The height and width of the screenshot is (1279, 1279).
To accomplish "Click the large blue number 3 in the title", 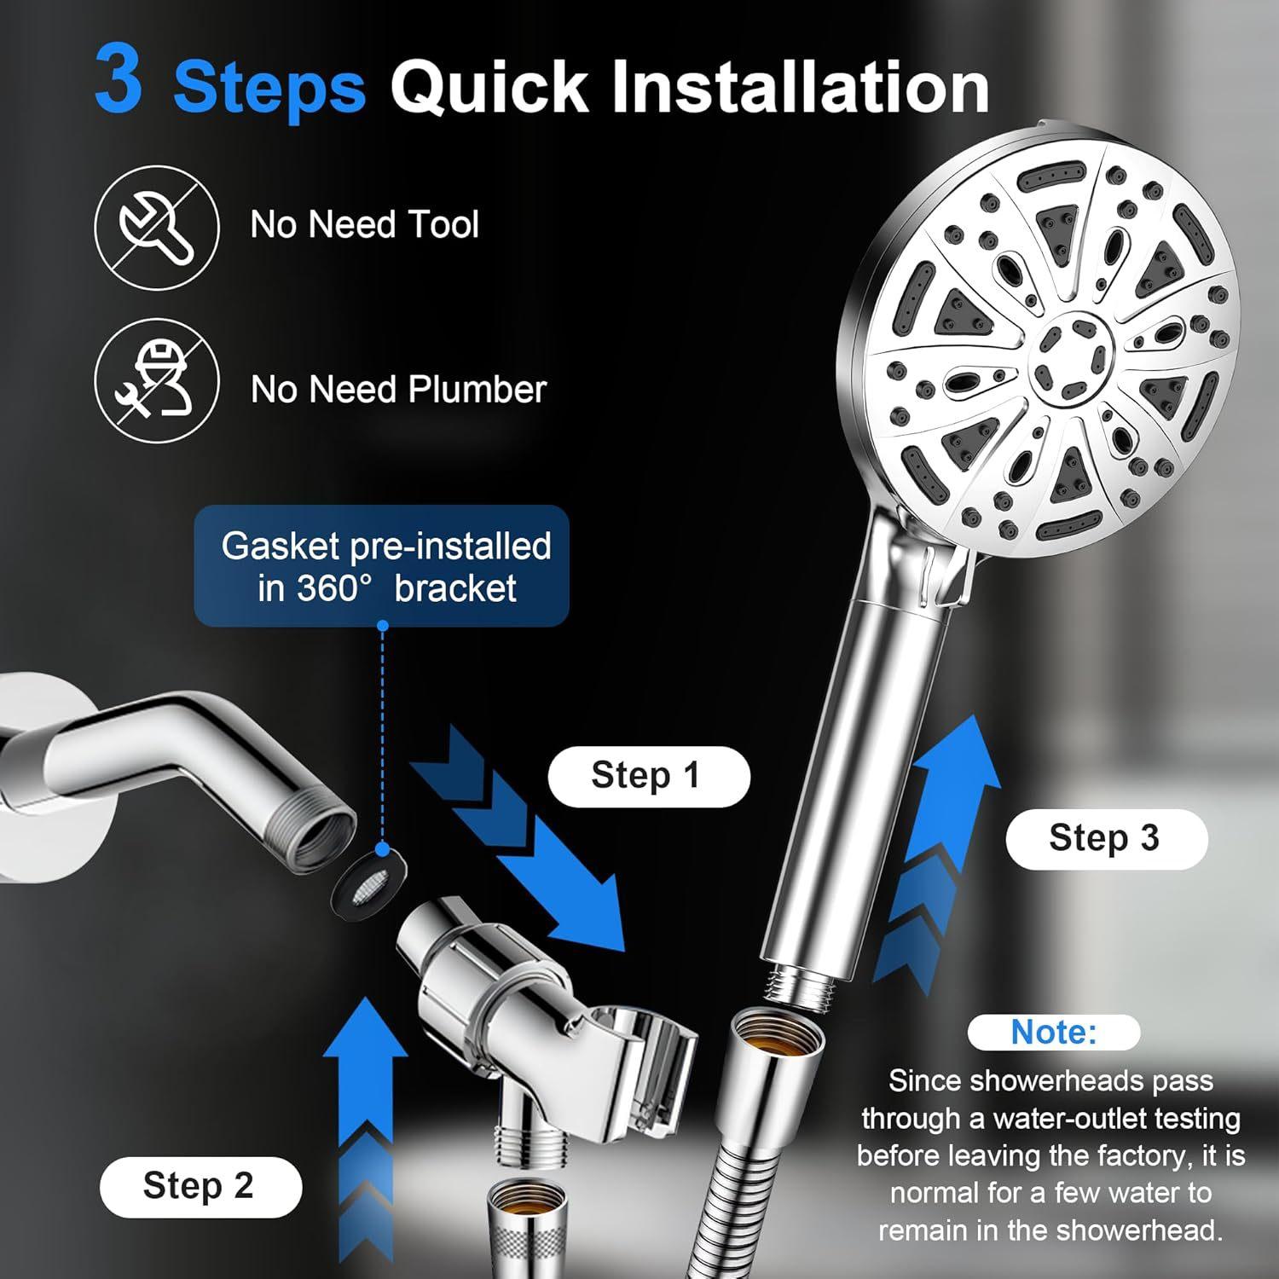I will (x=119, y=82).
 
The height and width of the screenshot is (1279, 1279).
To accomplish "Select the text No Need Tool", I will (x=364, y=225).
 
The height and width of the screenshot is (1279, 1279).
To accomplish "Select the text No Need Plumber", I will (x=398, y=390).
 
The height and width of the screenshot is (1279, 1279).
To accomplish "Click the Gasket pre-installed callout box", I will (x=382, y=566).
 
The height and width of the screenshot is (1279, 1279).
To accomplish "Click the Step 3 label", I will (x=1105, y=838).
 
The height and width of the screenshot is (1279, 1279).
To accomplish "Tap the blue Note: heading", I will (x=1053, y=1033).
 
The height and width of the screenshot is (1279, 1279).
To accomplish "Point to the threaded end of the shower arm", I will (x=323, y=836).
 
